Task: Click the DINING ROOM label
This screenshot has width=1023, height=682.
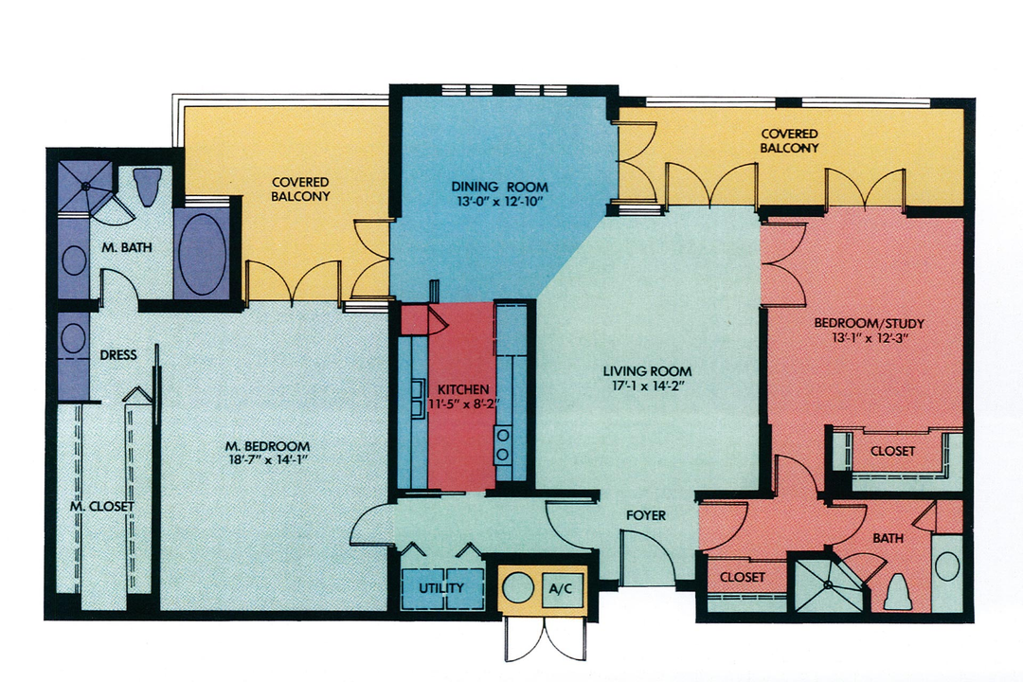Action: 499,187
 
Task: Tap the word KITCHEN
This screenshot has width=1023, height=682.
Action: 463,389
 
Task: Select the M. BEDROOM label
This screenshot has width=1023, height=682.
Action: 267,446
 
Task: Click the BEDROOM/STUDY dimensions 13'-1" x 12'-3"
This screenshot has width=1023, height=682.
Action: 869,338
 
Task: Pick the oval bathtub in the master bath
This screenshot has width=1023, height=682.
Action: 202,254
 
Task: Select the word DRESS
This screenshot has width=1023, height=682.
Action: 118,355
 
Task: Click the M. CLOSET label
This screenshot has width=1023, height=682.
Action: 101,506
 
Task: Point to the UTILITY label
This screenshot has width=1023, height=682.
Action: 441,588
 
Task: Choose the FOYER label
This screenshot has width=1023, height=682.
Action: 646,516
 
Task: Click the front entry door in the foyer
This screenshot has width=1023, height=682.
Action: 648,559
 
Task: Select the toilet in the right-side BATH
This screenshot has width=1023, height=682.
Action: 896,592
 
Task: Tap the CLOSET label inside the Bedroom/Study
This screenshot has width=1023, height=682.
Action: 892,451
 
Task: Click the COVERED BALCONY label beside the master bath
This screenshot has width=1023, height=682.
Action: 300,189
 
